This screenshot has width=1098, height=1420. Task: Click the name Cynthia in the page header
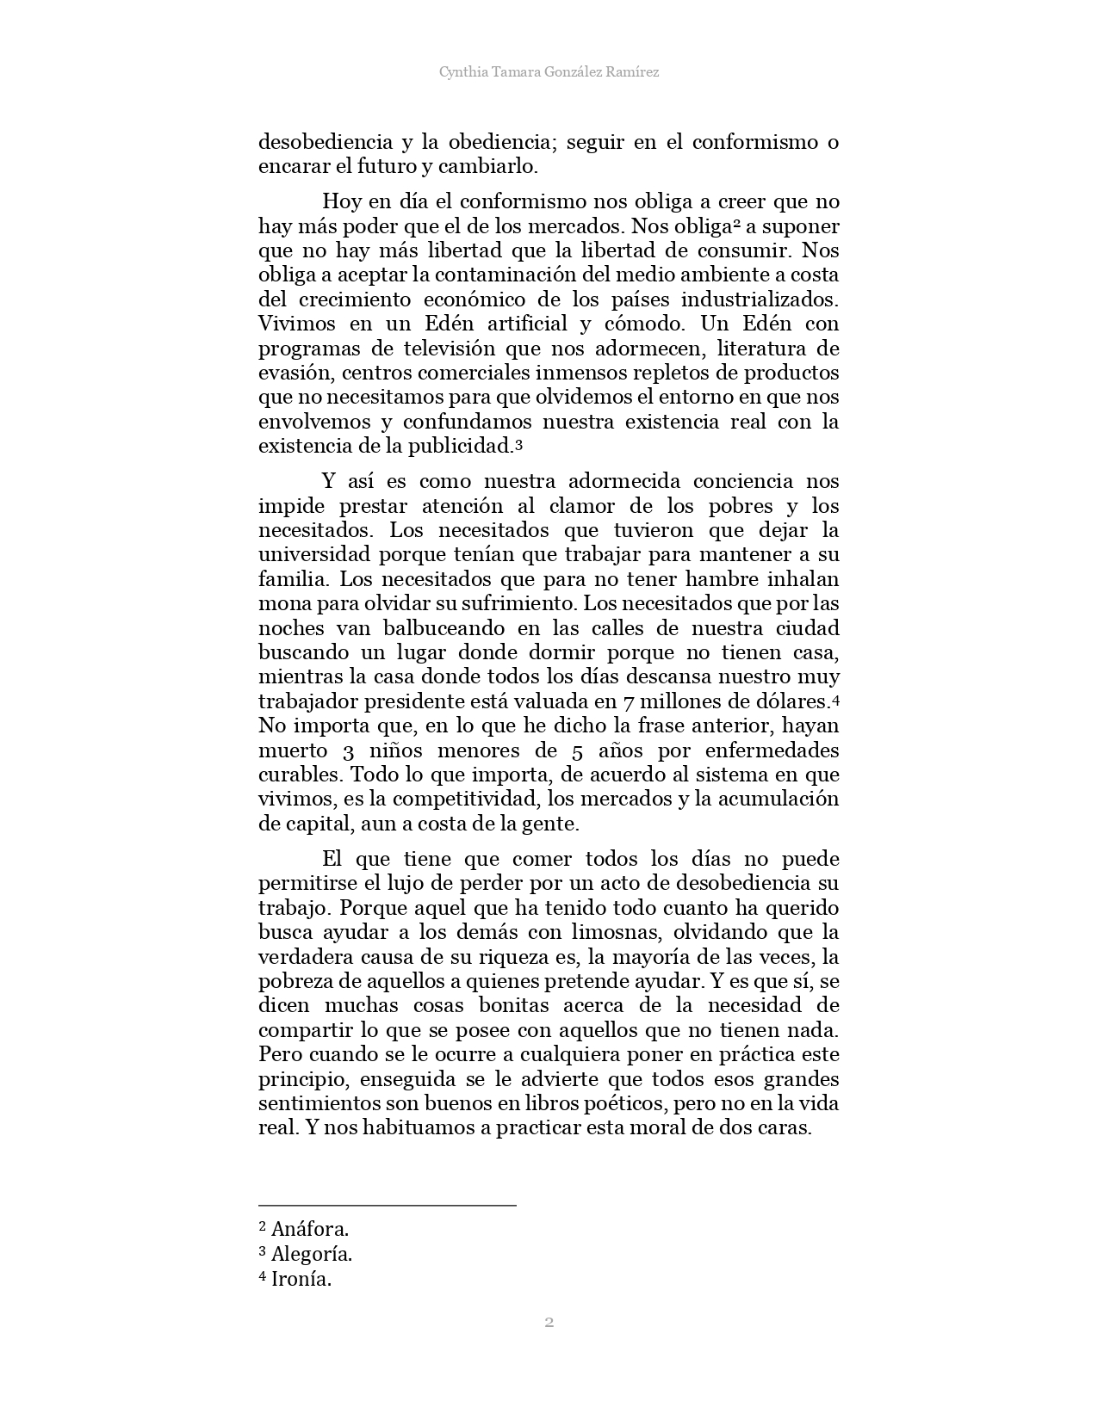click(462, 72)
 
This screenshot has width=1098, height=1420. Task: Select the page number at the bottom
click(549, 1322)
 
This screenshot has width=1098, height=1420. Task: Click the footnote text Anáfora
click(310, 1229)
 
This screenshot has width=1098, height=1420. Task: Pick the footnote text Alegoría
click(312, 1254)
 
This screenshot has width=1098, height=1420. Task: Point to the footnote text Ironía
click(301, 1279)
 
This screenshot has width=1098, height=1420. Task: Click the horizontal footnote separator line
click(388, 1206)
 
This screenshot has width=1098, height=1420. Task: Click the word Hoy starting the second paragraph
click(342, 202)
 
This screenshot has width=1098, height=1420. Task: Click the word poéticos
click(617, 1103)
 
